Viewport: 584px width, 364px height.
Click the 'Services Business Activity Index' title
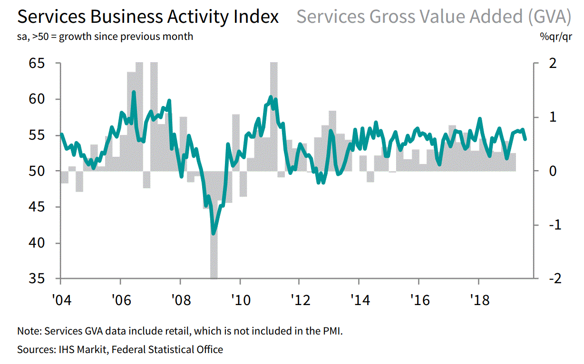coord(148,17)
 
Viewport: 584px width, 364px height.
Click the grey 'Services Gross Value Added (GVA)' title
coord(433,17)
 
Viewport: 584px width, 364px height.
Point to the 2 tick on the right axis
coord(553,63)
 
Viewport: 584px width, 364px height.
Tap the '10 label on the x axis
coord(240,300)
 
